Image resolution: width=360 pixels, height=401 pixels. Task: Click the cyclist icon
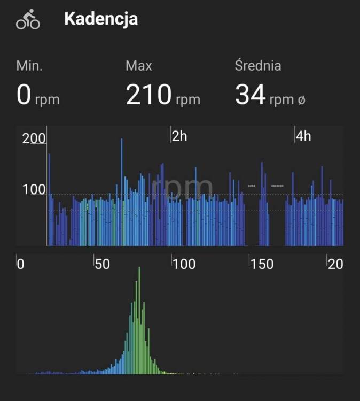(28, 19)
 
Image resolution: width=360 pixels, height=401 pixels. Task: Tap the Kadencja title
(101, 19)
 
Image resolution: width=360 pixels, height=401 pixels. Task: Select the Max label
(139, 66)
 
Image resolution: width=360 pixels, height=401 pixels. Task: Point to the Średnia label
(258, 66)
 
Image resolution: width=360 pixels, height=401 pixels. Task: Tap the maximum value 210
(148, 95)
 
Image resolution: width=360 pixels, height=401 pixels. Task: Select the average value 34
(250, 95)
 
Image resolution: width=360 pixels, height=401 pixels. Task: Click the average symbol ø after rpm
(301, 99)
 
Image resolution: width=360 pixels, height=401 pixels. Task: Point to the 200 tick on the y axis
(34, 138)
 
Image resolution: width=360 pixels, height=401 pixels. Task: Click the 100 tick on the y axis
(34, 190)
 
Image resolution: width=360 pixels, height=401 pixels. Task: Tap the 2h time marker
(179, 136)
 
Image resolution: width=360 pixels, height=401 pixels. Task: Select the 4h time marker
(303, 136)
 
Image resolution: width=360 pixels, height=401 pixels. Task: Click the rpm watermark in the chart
(182, 187)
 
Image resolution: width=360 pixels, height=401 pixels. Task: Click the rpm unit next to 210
(187, 99)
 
